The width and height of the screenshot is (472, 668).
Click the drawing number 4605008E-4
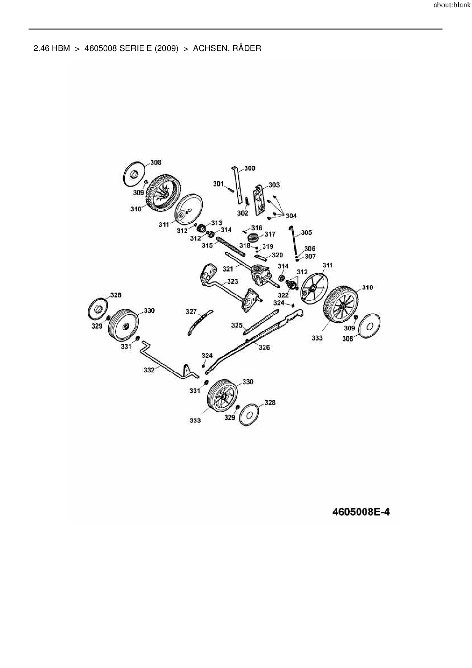[x=361, y=511]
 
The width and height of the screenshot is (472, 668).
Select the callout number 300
[x=250, y=168]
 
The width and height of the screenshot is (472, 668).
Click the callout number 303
[x=274, y=185]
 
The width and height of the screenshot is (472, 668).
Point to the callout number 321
[x=228, y=269]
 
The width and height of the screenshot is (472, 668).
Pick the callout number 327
[x=191, y=312]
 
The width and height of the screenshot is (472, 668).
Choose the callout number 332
[x=149, y=370]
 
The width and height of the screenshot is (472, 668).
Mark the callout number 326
[x=264, y=347]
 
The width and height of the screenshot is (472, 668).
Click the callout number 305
[x=306, y=232]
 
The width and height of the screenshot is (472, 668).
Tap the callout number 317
[x=270, y=235]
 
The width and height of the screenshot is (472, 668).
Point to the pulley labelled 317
[x=253, y=238]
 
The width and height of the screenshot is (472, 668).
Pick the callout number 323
[x=233, y=281]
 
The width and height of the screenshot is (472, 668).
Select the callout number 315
[x=207, y=246]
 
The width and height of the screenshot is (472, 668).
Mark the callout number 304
[x=291, y=216]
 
